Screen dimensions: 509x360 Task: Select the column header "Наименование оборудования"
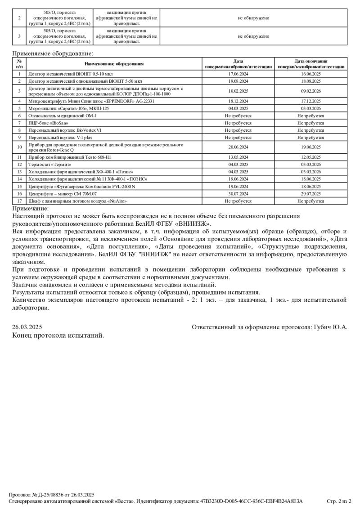[x=114, y=64]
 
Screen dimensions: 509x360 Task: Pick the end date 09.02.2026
[x=311, y=91]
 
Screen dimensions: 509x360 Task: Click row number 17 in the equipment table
[x=19, y=201]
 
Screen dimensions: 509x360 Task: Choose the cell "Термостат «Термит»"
[x=50, y=165]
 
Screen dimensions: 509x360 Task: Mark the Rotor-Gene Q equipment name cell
[x=106, y=147]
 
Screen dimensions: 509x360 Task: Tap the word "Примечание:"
[x=30, y=209]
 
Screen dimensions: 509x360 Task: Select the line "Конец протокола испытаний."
[x=58, y=335]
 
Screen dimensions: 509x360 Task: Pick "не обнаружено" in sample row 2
[x=254, y=18]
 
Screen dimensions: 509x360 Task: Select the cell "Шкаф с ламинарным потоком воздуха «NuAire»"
[x=77, y=201]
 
